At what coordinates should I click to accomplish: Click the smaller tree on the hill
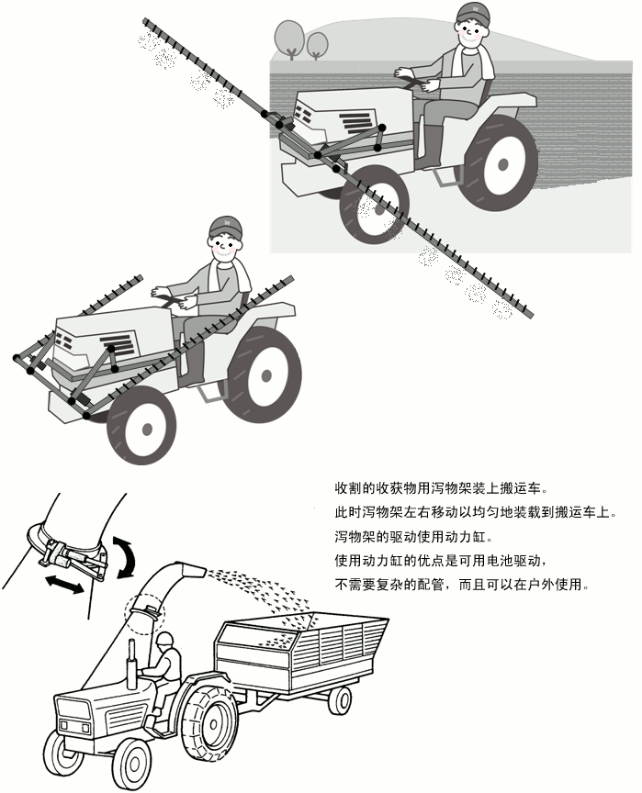coord(318,43)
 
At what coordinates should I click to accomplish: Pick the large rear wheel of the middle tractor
coord(263,373)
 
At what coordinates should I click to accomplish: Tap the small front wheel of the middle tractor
coord(141,427)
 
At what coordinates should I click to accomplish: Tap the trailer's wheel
coord(340,700)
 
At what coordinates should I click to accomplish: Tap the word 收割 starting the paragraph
coord(347,487)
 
